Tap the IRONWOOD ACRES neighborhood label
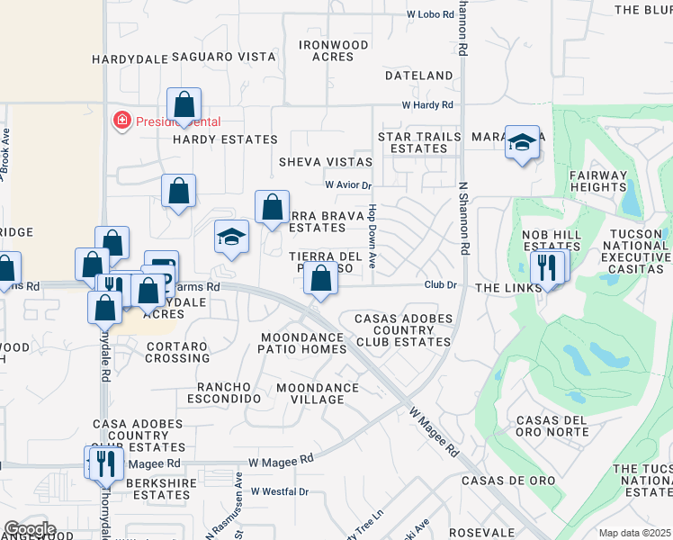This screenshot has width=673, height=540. point(334,50)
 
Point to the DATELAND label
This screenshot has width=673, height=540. point(418,76)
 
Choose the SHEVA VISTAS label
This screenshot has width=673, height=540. point(325,162)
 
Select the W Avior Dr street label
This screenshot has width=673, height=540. point(348,184)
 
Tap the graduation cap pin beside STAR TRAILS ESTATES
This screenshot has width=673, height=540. point(522,142)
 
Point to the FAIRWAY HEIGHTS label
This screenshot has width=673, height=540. point(597,181)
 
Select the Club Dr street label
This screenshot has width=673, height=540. point(442,284)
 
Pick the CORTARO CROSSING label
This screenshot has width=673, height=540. point(178,352)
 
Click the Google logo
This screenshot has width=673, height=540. point(30,529)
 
